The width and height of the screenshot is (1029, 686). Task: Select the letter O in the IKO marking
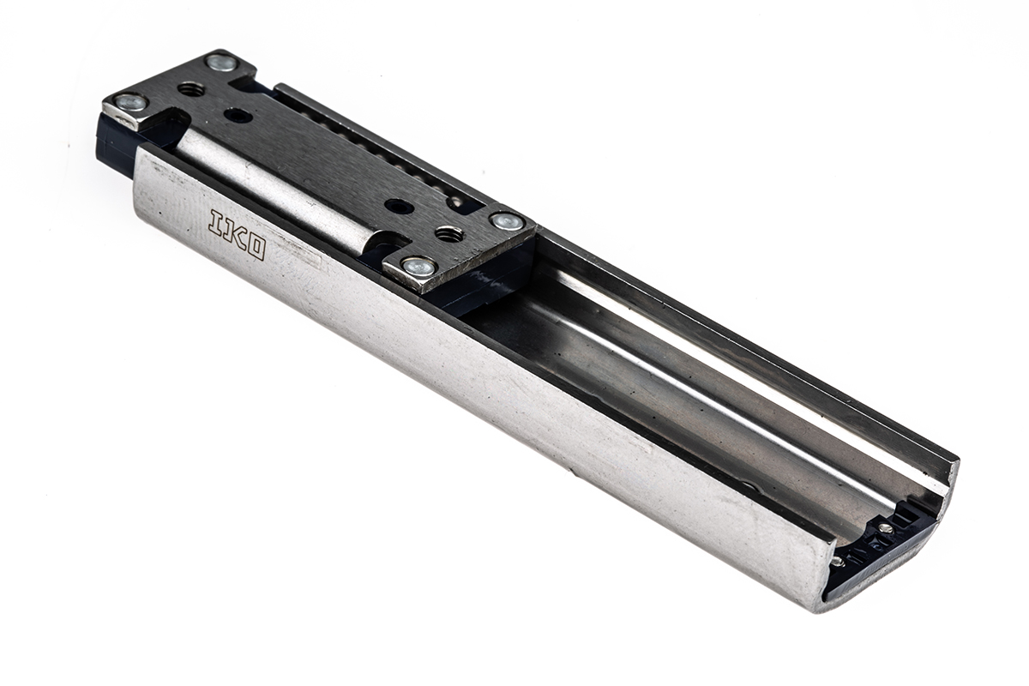(253, 247)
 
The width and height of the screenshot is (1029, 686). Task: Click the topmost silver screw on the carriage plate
(221, 62)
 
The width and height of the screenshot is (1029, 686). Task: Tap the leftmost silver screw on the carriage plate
(129, 103)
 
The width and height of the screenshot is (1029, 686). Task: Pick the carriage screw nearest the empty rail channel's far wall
(506, 221)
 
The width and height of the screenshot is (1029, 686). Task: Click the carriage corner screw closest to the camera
(418, 267)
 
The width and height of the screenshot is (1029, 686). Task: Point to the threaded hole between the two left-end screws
(190, 88)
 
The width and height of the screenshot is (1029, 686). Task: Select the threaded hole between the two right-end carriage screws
(448, 233)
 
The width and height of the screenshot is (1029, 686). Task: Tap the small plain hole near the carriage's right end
(399, 206)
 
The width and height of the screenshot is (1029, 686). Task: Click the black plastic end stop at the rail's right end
(883, 549)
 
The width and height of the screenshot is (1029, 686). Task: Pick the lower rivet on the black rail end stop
(837, 562)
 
